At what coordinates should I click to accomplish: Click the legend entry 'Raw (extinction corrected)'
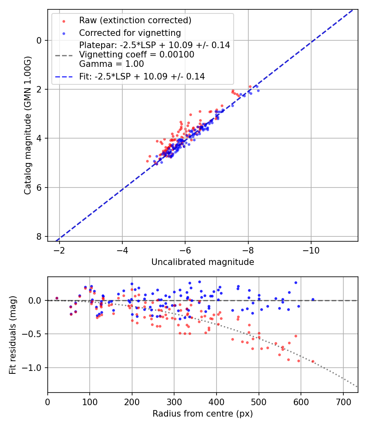click(x=135, y=20)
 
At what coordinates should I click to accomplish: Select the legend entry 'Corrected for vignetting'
click(x=130, y=33)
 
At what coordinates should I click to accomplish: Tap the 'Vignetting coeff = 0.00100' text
click(x=137, y=55)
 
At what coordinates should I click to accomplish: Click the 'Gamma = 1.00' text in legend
click(x=111, y=64)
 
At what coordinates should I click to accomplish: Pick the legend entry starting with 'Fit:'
click(x=141, y=76)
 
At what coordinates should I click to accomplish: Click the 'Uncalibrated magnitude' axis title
click(x=203, y=262)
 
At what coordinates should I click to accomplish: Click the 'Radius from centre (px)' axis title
click(x=203, y=414)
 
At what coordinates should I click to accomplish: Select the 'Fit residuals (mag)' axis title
click(x=13, y=335)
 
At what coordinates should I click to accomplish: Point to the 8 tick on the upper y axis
click(x=39, y=236)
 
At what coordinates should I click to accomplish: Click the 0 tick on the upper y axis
click(x=39, y=40)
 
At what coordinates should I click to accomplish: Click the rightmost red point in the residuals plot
click(x=313, y=361)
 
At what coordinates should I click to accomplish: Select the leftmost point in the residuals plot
click(x=57, y=298)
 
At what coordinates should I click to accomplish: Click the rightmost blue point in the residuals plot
click(x=313, y=299)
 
